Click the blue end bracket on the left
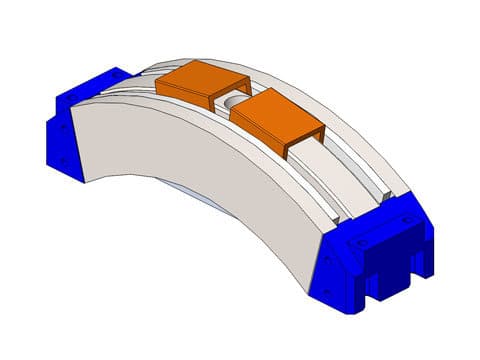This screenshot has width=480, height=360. coord(75,125)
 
